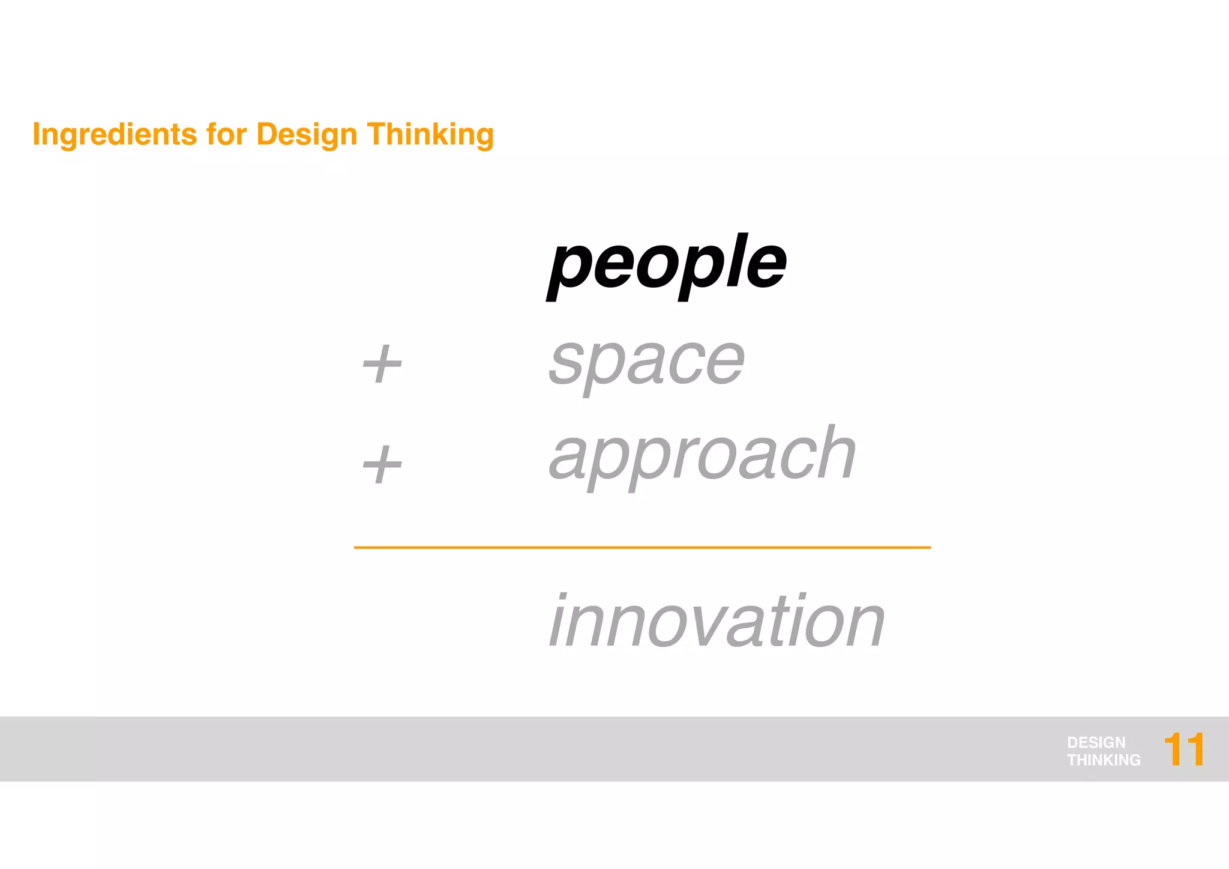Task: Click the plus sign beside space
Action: click(382, 364)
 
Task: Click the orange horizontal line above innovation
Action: click(642, 548)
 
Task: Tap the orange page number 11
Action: click(1183, 749)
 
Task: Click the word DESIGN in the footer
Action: click(1096, 742)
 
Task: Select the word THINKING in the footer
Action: click(1104, 760)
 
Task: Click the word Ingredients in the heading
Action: click(114, 135)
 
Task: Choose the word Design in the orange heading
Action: click(307, 135)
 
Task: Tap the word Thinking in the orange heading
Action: click(430, 135)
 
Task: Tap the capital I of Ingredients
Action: click(37, 133)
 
